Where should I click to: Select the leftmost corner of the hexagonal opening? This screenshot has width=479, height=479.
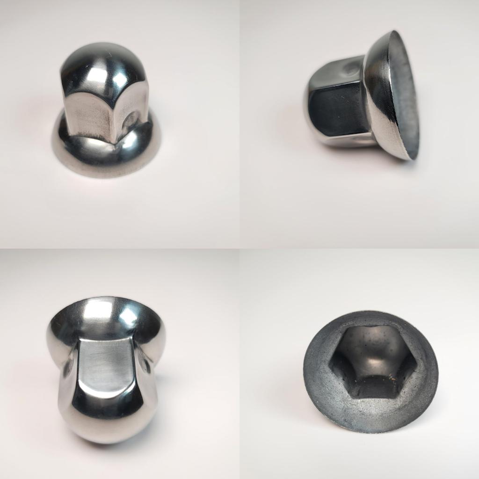tap(330, 362)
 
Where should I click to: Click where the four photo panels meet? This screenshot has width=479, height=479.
tap(239, 248)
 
